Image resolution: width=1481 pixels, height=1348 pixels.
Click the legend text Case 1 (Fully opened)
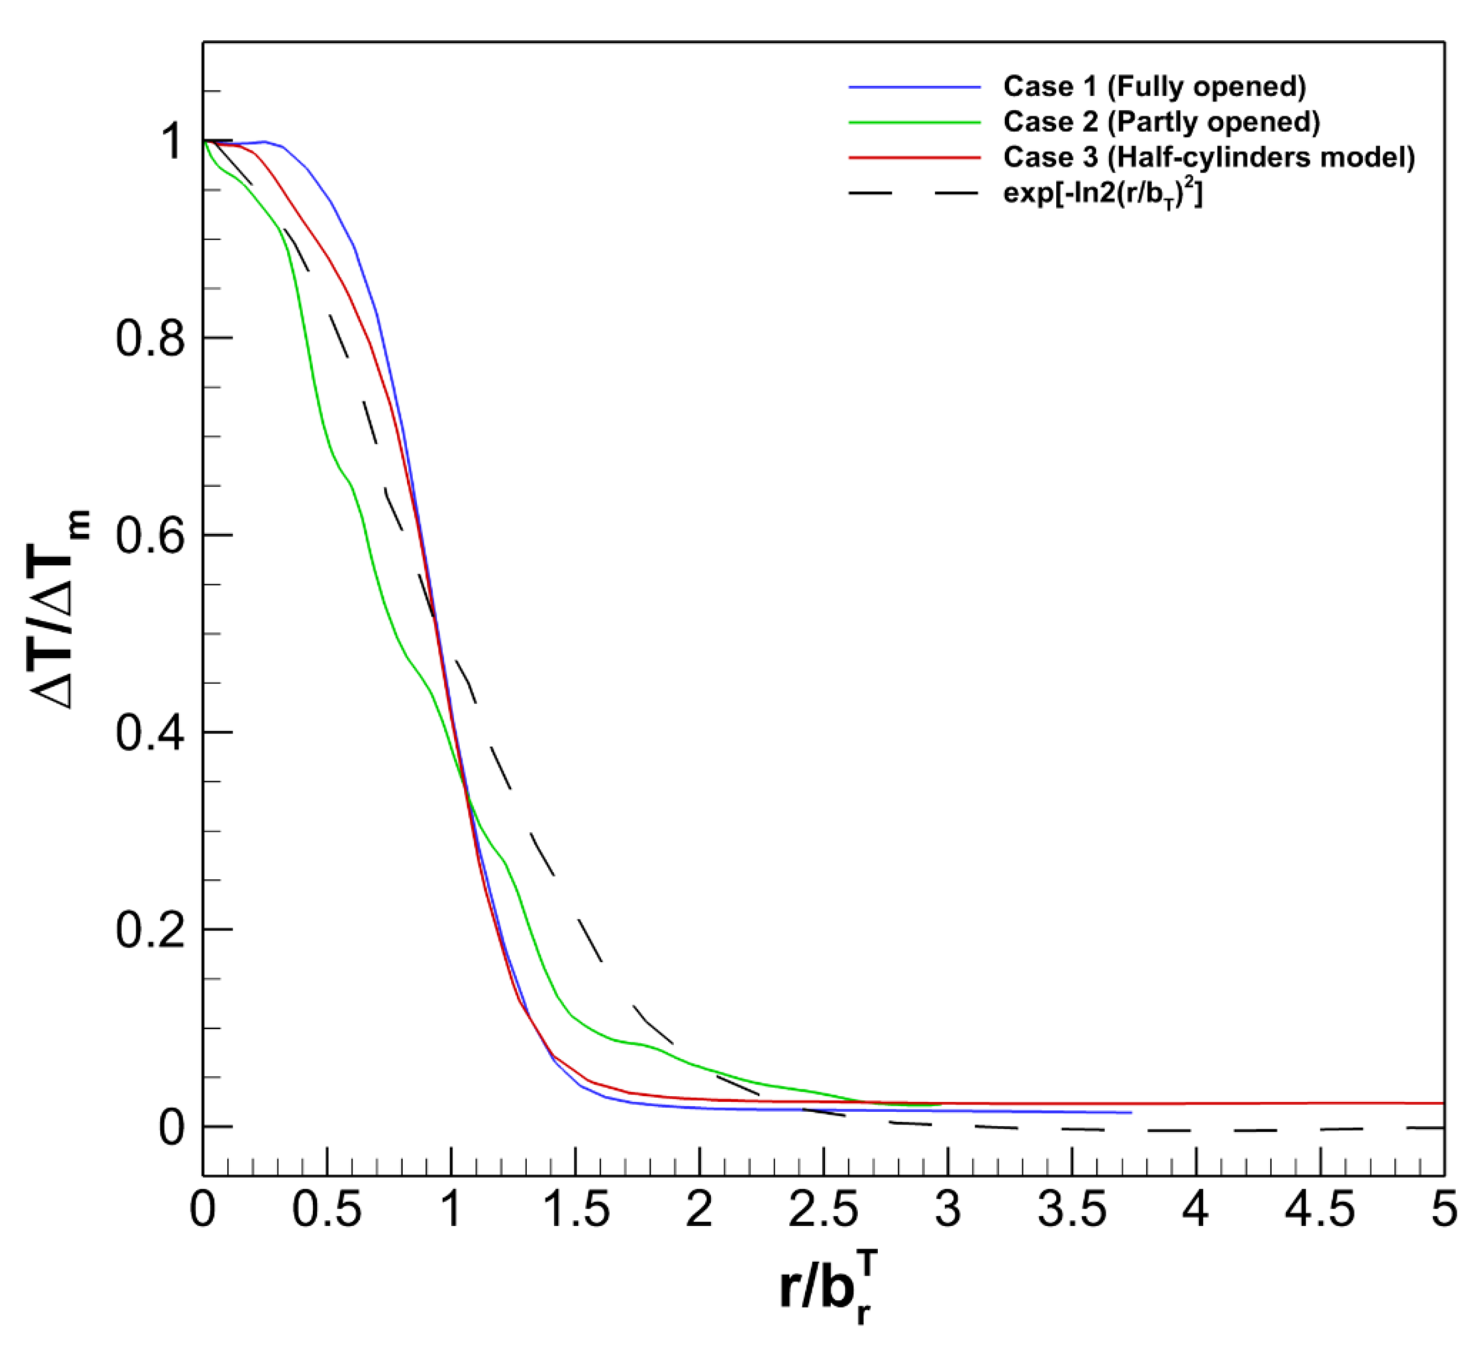tap(1154, 87)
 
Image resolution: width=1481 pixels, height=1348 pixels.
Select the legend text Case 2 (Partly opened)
tap(1161, 122)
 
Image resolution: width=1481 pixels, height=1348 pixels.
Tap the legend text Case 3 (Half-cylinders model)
tap(1208, 157)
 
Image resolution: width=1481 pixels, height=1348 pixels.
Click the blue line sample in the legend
tap(914, 87)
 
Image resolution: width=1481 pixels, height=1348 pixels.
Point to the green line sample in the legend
tap(914, 122)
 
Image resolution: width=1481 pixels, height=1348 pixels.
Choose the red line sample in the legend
tap(914, 157)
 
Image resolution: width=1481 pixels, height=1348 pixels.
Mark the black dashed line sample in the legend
tap(914, 193)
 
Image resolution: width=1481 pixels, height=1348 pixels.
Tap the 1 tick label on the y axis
tap(172, 141)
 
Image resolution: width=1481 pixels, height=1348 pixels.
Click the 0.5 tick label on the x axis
tap(327, 1210)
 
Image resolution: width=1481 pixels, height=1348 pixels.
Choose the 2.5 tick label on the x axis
tap(823, 1210)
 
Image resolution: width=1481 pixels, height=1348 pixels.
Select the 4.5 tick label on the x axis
tap(1320, 1210)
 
